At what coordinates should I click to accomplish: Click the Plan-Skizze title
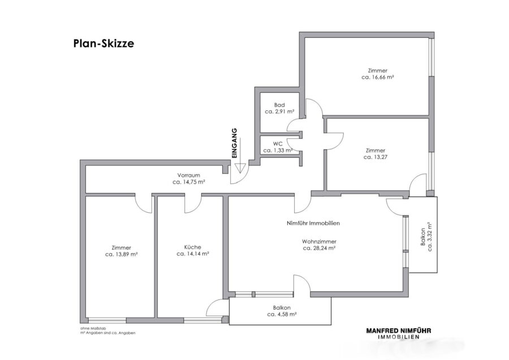coord(103,44)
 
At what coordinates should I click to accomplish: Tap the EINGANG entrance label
coord(235,143)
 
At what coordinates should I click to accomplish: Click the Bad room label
coord(279,105)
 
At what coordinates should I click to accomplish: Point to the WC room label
coord(278,144)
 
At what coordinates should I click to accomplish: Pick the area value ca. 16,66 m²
coord(378,78)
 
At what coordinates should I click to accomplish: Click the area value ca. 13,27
coord(376,157)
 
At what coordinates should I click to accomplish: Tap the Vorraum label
coord(188,175)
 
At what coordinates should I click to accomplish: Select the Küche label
coord(192,247)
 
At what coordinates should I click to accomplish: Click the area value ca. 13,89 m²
coord(122,254)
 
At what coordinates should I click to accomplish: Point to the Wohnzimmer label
coord(319,242)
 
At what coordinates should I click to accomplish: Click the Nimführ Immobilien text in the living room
coord(313,223)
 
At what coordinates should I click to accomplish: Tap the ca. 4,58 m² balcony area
coord(282,314)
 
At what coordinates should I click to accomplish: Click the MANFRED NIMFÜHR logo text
coord(399,331)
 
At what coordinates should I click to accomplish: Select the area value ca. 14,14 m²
coord(192,254)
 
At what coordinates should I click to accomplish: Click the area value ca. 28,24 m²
coord(319,248)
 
